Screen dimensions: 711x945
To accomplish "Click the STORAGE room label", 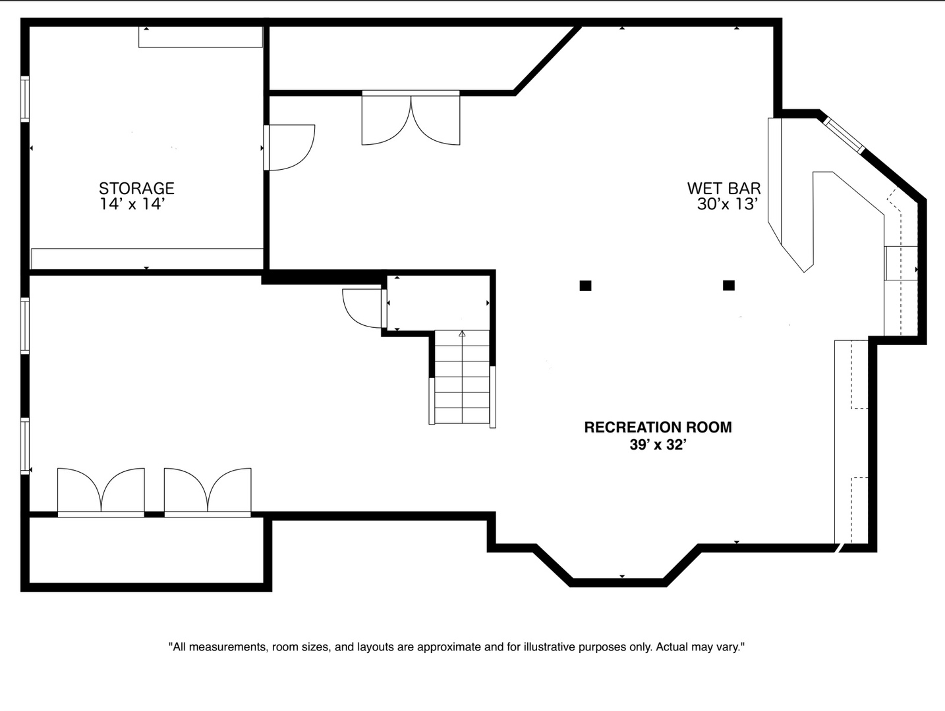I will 136,188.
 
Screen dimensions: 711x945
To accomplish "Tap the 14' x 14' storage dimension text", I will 132,204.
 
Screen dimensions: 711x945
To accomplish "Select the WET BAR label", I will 724,189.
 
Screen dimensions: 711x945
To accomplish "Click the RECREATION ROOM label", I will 658,427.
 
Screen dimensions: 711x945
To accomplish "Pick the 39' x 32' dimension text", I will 658,445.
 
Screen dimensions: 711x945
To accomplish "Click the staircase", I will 462,378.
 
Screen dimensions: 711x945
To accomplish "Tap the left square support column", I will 585,286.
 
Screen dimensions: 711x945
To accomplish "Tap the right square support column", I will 728,286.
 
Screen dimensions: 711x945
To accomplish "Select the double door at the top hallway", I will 411,118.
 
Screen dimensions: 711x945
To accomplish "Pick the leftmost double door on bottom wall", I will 101,491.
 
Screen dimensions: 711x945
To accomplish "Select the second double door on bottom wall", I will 208,491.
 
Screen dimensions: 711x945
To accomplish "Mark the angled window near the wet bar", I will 844,135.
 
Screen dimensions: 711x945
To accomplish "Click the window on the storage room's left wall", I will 25,99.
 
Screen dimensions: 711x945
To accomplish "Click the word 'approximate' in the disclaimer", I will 448,647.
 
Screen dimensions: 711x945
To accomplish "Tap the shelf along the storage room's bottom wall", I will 147,258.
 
